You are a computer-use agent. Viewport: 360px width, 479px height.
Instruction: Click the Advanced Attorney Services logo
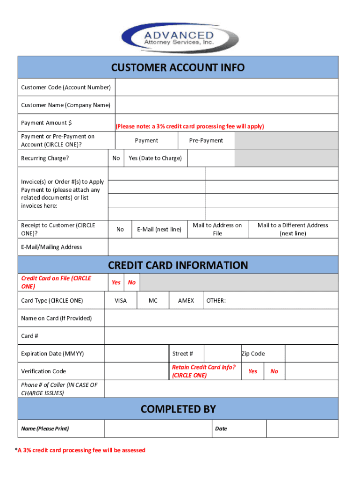tap(180, 37)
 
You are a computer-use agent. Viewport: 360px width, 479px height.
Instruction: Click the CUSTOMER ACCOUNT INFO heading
tap(178, 68)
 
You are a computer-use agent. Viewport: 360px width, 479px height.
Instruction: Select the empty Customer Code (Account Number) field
tap(226, 87)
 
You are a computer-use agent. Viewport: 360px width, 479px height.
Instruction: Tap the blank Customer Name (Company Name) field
tap(226, 105)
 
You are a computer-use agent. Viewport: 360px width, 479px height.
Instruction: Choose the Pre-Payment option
tap(206, 141)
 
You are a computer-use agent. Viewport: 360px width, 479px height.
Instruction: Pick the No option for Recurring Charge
tap(116, 158)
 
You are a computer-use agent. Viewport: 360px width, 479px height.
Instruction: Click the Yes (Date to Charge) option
tap(155, 158)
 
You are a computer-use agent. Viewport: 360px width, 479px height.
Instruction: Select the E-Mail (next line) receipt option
tap(159, 229)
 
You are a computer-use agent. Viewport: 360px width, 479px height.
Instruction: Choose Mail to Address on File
tap(217, 229)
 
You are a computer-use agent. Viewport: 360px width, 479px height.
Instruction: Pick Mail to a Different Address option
tap(293, 229)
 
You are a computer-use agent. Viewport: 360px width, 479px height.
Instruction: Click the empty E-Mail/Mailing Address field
tap(223, 247)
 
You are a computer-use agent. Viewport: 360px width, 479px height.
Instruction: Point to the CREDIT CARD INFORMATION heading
tap(178, 265)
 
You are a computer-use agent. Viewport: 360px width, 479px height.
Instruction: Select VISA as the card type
tap(121, 301)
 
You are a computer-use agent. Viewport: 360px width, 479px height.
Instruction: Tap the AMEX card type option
tap(186, 301)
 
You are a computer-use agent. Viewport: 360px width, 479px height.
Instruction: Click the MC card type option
tap(153, 301)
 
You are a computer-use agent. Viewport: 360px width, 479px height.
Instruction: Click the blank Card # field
tap(221, 336)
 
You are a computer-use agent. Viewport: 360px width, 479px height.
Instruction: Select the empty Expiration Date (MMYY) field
tap(136, 354)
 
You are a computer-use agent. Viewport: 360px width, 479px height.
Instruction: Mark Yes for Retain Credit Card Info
tap(252, 371)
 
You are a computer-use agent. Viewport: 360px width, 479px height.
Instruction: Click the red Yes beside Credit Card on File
tap(116, 283)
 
